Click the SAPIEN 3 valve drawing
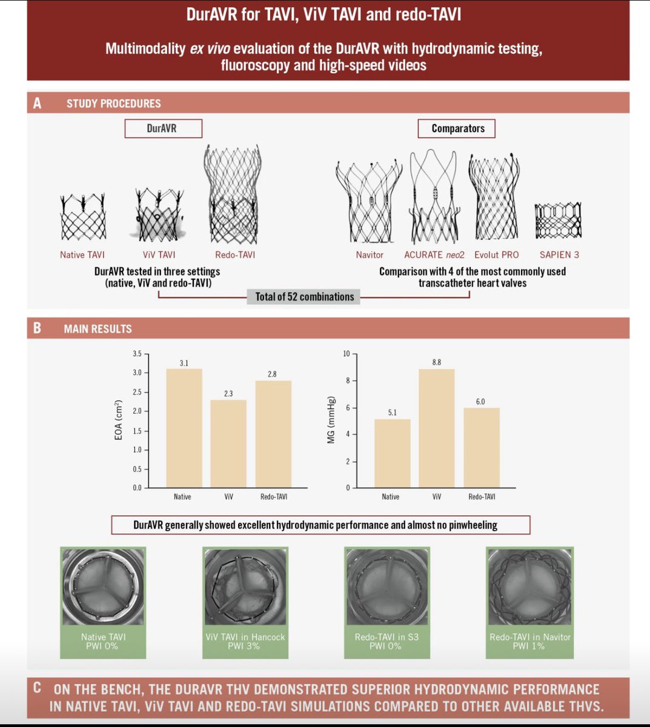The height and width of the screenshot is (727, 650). (x=557, y=221)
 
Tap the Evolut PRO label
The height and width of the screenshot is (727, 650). (x=497, y=255)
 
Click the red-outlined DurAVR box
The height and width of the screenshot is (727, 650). (x=163, y=128)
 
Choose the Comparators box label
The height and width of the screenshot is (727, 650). (x=457, y=128)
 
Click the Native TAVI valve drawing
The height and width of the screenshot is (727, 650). (x=83, y=217)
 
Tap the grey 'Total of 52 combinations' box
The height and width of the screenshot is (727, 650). (x=304, y=297)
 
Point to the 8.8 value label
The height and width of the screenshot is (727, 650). (x=436, y=362)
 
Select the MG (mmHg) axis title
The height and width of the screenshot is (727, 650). (x=331, y=420)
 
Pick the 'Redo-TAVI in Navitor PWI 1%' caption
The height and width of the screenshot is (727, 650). (x=529, y=642)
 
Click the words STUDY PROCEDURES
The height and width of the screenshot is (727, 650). (x=113, y=104)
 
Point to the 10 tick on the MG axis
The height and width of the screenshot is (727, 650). (x=347, y=354)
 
